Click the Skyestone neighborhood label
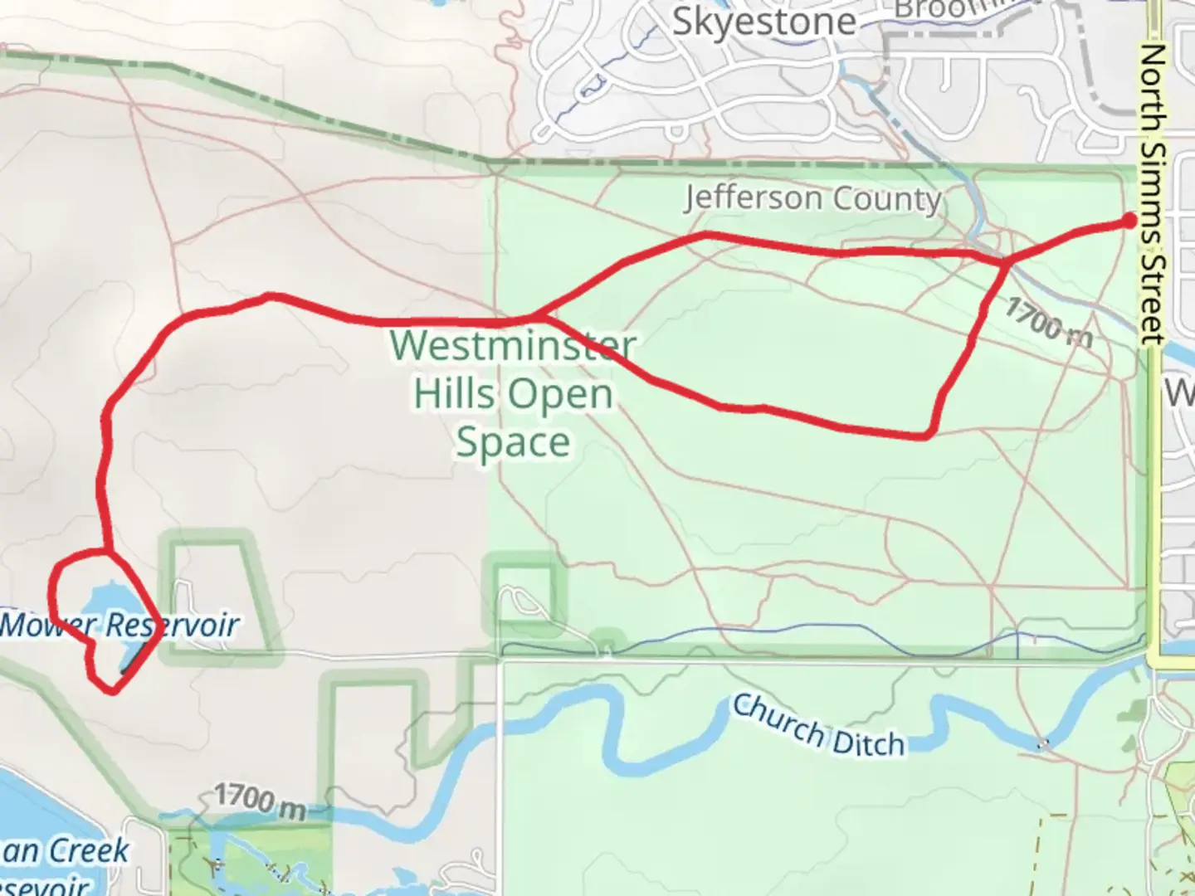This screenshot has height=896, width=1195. point(763,22)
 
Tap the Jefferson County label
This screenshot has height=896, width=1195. point(813,199)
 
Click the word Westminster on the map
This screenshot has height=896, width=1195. point(514,345)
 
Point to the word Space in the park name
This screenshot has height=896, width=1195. point(513,441)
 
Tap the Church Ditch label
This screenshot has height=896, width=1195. point(818,727)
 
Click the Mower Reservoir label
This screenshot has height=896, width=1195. point(120,625)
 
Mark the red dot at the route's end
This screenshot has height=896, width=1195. point(1129,220)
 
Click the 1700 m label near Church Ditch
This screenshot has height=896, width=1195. point(259,801)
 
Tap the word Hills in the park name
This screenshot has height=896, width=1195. point(453,393)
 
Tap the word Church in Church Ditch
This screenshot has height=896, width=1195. point(778,718)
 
